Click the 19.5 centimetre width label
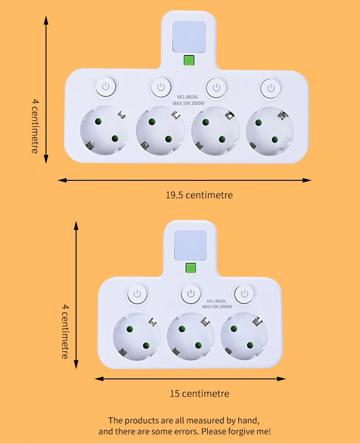199,195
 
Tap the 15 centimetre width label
199,393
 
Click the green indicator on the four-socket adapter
189,61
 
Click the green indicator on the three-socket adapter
190,268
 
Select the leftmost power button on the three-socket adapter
136,294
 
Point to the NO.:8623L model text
217,301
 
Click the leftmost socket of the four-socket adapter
104,131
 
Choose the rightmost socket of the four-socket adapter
270,131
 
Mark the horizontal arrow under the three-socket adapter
190,378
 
